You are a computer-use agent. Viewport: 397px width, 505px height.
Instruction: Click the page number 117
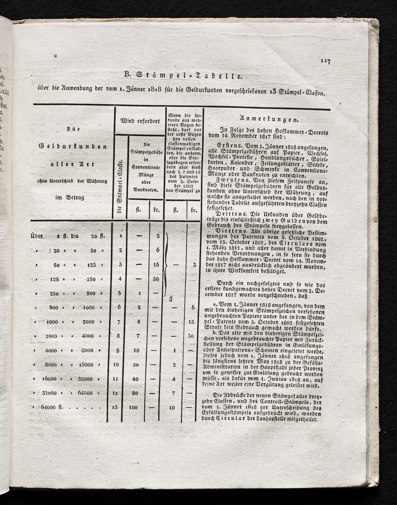[x=326, y=61]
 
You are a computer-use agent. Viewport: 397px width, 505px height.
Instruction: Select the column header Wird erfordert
[x=140, y=121]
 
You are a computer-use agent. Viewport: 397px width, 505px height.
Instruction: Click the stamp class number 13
[x=115, y=407]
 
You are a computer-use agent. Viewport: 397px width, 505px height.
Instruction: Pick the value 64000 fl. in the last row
[x=52, y=407]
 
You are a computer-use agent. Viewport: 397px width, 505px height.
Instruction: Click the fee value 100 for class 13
[x=133, y=407]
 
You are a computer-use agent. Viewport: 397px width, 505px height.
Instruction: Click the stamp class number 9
[x=118, y=350]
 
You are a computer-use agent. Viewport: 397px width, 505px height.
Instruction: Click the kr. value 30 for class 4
[x=156, y=279]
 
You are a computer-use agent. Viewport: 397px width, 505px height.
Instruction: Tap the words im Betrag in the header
[x=70, y=198]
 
